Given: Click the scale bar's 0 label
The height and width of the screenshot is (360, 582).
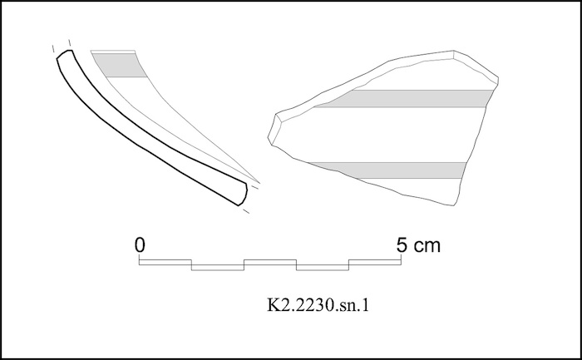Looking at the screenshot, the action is coord(140,245).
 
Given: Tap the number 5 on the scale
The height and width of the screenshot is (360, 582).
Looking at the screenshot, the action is coord(402,245).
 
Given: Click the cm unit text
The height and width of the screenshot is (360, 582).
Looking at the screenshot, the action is coord(427,246).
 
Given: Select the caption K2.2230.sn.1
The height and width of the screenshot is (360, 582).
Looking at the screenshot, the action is coord(318,305).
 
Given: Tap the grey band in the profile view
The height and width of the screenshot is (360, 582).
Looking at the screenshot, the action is coord(120,65).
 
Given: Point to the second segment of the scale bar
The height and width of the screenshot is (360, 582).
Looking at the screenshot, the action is coord(218,268).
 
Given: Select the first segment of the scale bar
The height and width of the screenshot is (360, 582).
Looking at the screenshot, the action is coord(165,263).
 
